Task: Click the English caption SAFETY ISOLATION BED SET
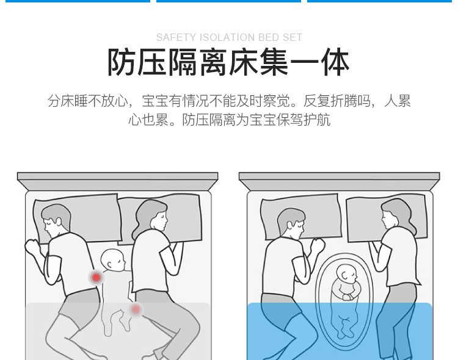click(x=229, y=38)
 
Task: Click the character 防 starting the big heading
click(x=122, y=63)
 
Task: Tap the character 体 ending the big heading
click(x=335, y=63)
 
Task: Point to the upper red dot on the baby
click(x=96, y=278)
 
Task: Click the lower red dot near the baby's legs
click(x=136, y=310)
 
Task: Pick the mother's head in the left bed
click(x=150, y=215)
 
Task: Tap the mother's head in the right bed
click(x=394, y=216)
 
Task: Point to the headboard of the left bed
click(x=117, y=181)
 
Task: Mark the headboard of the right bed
click(x=339, y=181)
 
